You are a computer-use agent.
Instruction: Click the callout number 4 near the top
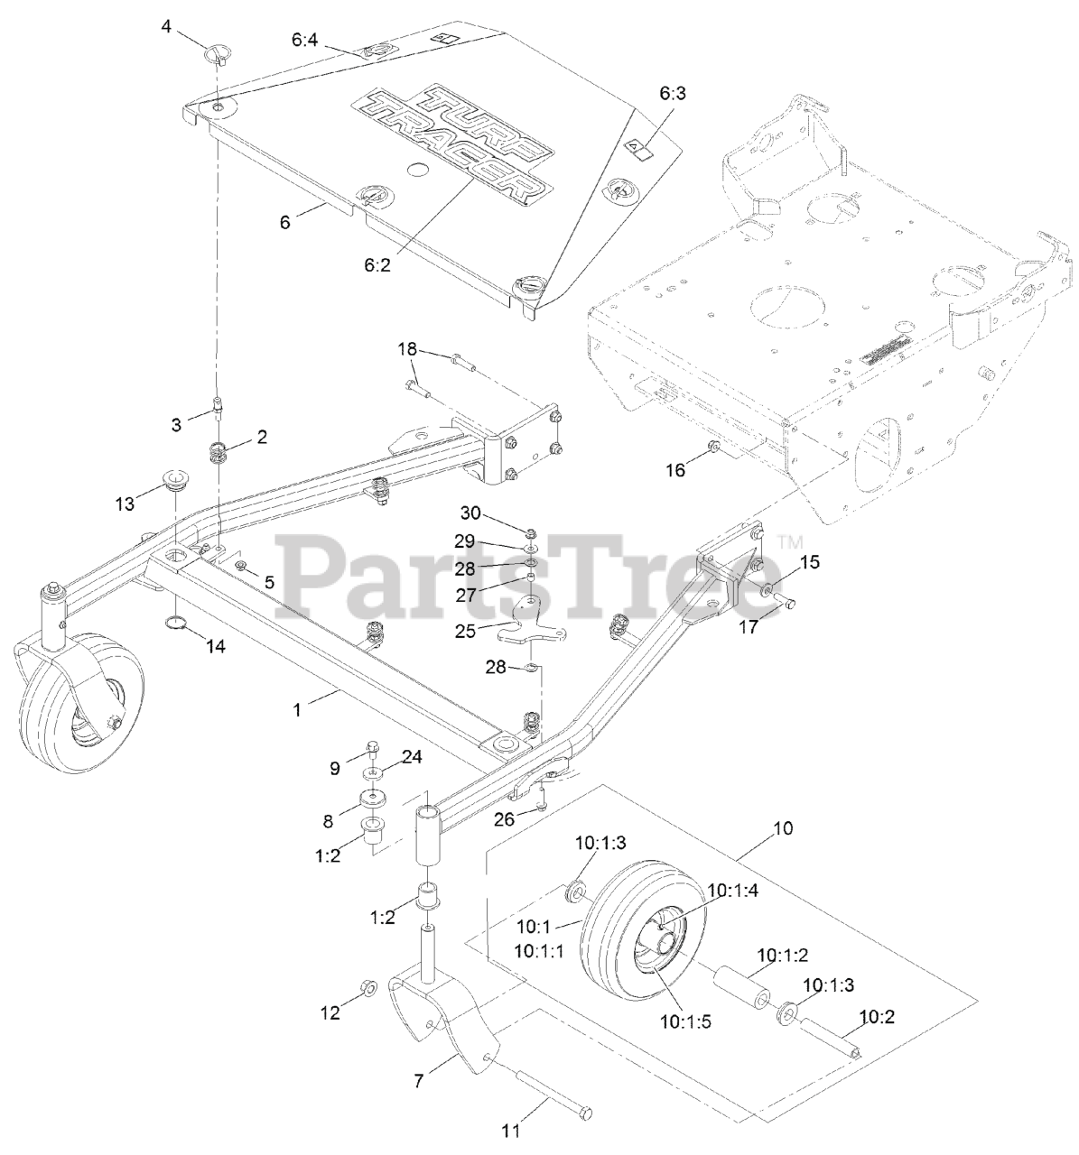pos(166,26)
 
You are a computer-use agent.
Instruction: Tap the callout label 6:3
pos(672,94)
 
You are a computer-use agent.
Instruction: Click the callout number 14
pos(216,646)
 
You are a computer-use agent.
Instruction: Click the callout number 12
pos(331,1013)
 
